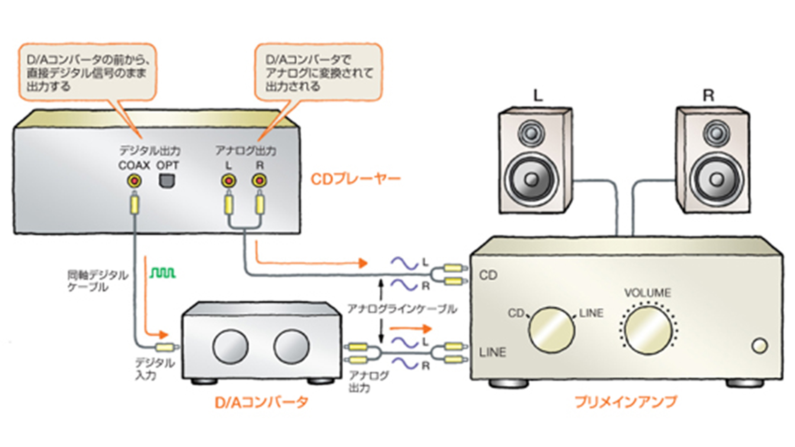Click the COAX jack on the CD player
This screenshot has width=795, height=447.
[134, 181]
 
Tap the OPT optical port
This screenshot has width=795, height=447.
[167, 181]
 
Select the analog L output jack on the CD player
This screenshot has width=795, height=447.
[228, 181]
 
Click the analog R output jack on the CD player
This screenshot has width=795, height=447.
[259, 181]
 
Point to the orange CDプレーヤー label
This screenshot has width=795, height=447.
[356, 179]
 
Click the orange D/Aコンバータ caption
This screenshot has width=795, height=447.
[261, 402]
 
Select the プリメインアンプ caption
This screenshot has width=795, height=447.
[626, 402]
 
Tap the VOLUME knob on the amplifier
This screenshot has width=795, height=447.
[648, 330]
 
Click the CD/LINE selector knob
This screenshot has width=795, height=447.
[551, 330]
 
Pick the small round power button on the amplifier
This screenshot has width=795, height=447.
[759, 346]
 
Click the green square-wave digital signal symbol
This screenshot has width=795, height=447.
[163, 273]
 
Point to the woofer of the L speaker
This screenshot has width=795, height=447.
[532, 179]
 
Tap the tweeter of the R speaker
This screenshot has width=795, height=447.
[715, 133]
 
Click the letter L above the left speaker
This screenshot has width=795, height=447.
[537, 96]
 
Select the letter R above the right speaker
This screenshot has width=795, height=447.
[708, 96]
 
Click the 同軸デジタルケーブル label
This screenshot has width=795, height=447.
[98, 281]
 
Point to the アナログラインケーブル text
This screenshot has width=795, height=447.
[402, 309]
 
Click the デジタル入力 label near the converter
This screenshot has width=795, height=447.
[154, 369]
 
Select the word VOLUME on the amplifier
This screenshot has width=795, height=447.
[647, 293]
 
